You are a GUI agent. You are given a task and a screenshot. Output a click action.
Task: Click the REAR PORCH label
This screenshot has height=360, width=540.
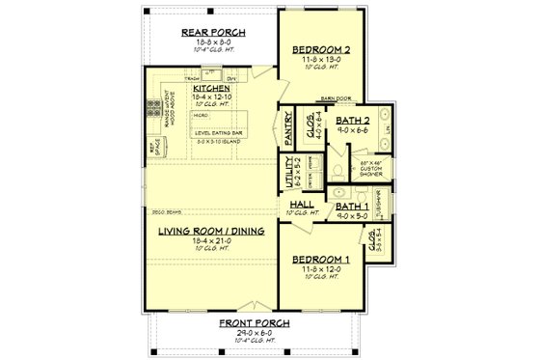[x=213, y=32]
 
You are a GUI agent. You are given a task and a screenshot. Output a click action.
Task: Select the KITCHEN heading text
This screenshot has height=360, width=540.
[x=210, y=88]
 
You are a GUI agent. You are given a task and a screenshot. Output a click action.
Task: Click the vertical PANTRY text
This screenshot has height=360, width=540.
[x=288, y=125]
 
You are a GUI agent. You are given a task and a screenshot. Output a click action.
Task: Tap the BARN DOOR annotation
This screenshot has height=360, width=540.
[x=335, y=98]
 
